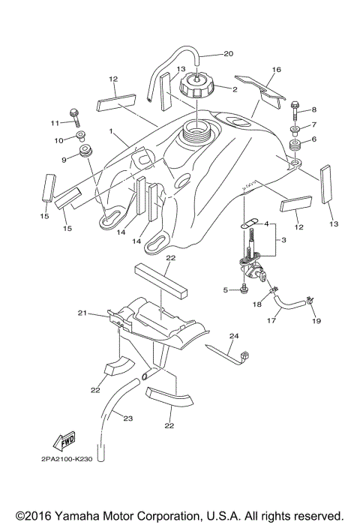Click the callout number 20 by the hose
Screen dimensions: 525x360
click(229, 53)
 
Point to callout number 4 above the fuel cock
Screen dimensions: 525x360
click(265, 223)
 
